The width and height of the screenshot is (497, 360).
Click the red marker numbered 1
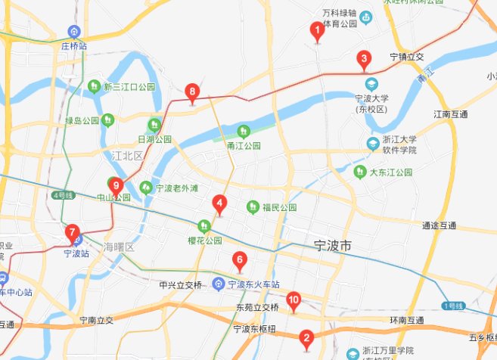point(318,31)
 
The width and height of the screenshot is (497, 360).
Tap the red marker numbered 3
point(364,59)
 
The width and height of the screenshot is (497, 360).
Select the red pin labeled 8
point(192,94)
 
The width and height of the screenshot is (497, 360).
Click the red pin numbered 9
point(116,185)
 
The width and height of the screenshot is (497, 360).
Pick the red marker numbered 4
point(219,203)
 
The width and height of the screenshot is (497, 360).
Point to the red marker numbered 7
point(72,232)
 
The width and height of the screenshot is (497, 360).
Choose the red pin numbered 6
point(240,261)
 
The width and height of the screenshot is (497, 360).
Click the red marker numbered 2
point(306,338)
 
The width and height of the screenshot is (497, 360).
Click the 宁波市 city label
point(333,247)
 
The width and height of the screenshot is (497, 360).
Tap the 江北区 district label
point(127,156)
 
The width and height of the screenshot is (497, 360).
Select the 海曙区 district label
point(119,247)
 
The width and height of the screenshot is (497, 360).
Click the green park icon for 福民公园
point(253,206)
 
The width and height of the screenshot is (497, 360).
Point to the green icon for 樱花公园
point(203,225)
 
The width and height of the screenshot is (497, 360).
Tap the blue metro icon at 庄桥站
point(74,32)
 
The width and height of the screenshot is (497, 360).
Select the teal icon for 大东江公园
point(362,172)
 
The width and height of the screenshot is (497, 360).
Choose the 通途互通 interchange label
point(439,225)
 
